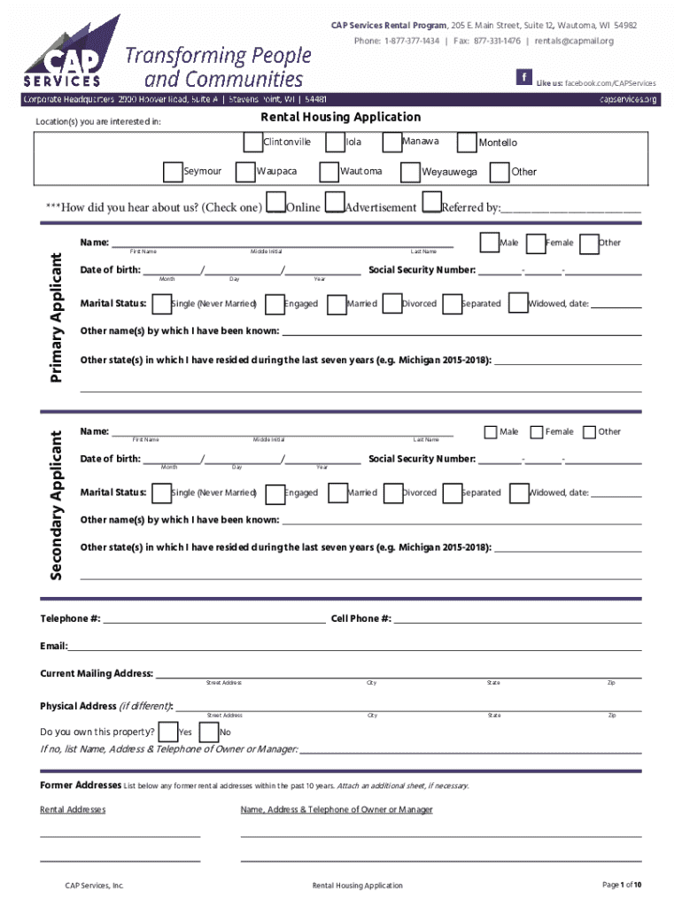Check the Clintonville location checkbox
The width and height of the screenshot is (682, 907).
pyautogui.click(x=253, y=142)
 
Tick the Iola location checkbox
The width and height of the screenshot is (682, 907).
pyautogui.click(x=335, y=142)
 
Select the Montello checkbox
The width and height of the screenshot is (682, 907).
pyautogui.click(x=466, y=142)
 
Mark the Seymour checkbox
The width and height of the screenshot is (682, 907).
pyautogui.click(x=173, y=171)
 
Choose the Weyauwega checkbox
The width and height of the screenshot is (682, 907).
pyautogui.click(x=410, y=171)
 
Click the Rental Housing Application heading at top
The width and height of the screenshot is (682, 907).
pyautogui.click(x=340, y=117)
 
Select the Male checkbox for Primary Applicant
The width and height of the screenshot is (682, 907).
pyautogui.click(x=489, y=243)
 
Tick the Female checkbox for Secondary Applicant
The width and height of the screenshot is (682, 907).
pyautogui.click(x=536, y=431)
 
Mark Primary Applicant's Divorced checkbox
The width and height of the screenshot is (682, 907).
pyautogui.click(x=391, y=304)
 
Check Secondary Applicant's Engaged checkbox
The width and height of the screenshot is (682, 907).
pyautogui.click(x=275, y=493)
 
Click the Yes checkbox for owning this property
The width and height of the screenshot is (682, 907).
pyautogui.click(x=168, y=732)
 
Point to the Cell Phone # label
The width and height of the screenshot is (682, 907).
pyautogui.click(x=360, y=618)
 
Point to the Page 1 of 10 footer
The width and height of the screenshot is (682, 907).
pyautogui.click(x=622, y=884)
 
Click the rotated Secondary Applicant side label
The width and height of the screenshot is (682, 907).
pyautogui.click(x=56, y=506)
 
